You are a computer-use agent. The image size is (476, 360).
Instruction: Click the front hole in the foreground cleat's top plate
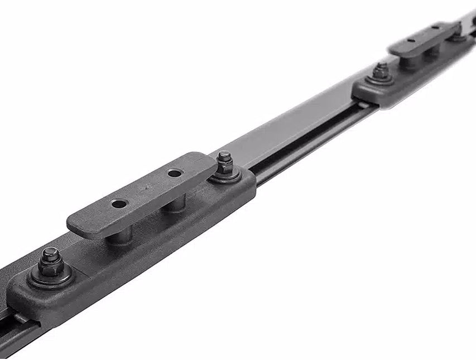119,204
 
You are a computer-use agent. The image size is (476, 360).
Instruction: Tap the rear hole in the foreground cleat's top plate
175,173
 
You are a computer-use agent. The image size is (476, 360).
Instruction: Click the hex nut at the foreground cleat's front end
50,262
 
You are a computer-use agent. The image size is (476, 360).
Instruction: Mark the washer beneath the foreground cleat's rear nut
226,176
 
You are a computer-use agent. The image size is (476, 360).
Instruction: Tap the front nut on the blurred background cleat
381,71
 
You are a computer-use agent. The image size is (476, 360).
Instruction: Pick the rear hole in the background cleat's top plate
435,27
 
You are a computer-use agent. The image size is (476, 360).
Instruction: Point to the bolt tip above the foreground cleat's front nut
50,252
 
